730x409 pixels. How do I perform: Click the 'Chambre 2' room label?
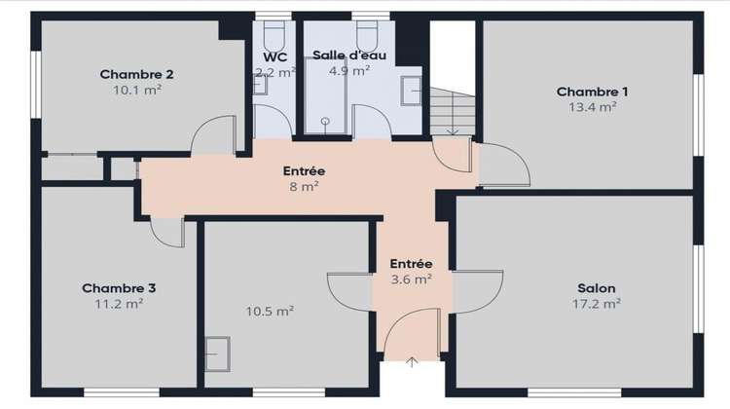click(136, 74)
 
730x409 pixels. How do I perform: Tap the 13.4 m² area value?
click(592, 107)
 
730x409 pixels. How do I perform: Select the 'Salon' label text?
click(597, 288)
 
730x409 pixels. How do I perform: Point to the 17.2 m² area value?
click(597, 304)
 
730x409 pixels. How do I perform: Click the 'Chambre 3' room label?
click(119, 288)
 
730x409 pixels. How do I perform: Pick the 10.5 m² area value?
click(271, 312)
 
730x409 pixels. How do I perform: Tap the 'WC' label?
click(274, 56)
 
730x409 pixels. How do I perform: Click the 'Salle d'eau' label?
click(348, 56)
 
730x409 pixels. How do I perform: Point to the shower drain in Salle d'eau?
click(324, 123)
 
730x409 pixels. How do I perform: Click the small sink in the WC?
click(260, 86)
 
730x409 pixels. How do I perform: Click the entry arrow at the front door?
click(412, 363)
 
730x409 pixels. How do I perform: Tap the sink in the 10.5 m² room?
click(217, 352)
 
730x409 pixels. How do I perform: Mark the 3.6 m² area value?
click(411, 279)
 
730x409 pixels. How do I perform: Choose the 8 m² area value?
click(304, 187)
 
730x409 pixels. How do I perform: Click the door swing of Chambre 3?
click(167, 233)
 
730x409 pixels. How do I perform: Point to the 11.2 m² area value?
click(119, 304)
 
